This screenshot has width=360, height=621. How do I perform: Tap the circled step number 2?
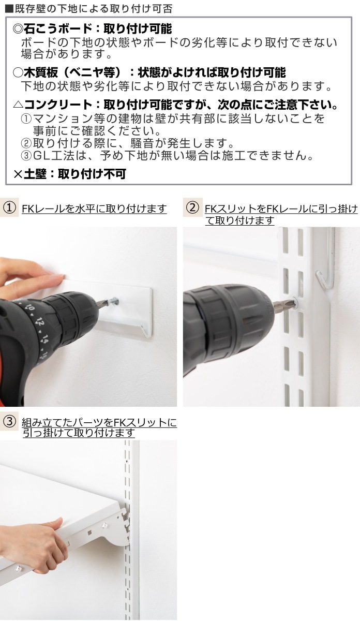coord(192,208)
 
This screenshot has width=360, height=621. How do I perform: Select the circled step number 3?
coord(9,422)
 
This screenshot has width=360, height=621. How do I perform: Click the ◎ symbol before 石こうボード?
coord(18,29)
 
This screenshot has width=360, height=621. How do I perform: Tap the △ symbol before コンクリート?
coord(18,105)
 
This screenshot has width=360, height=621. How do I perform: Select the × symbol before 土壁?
coord(18,174)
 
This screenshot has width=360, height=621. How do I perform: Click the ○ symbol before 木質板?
coord(18,72)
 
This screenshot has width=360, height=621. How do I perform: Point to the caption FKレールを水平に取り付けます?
coord(94,209)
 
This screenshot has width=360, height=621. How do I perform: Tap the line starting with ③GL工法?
coord(166,155)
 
